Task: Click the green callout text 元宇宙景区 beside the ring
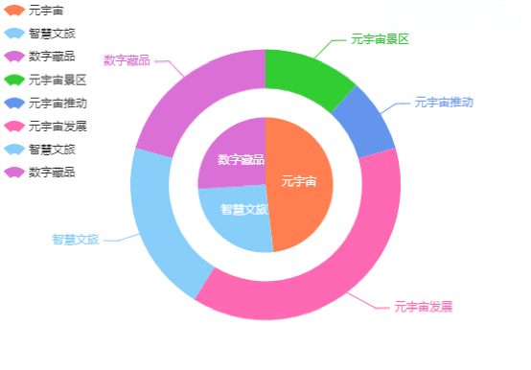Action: tap(380, 39)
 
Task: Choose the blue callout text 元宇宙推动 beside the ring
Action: tap(443, 102)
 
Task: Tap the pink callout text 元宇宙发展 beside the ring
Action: tap(423, 308)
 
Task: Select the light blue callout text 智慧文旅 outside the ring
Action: tap(76, 240)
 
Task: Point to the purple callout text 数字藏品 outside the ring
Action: tap(127, 61)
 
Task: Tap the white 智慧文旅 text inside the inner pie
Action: tap(243, 210)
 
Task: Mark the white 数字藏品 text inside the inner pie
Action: tap(241, 159)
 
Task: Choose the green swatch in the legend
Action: tap(14, 80)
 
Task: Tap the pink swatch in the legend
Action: tap(14, 126)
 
